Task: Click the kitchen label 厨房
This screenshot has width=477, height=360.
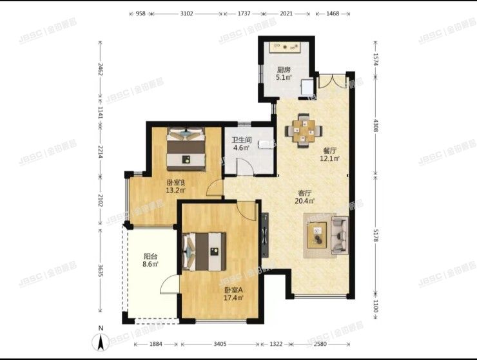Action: click(284, 70)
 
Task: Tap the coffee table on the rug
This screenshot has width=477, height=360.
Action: click(316, 233)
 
